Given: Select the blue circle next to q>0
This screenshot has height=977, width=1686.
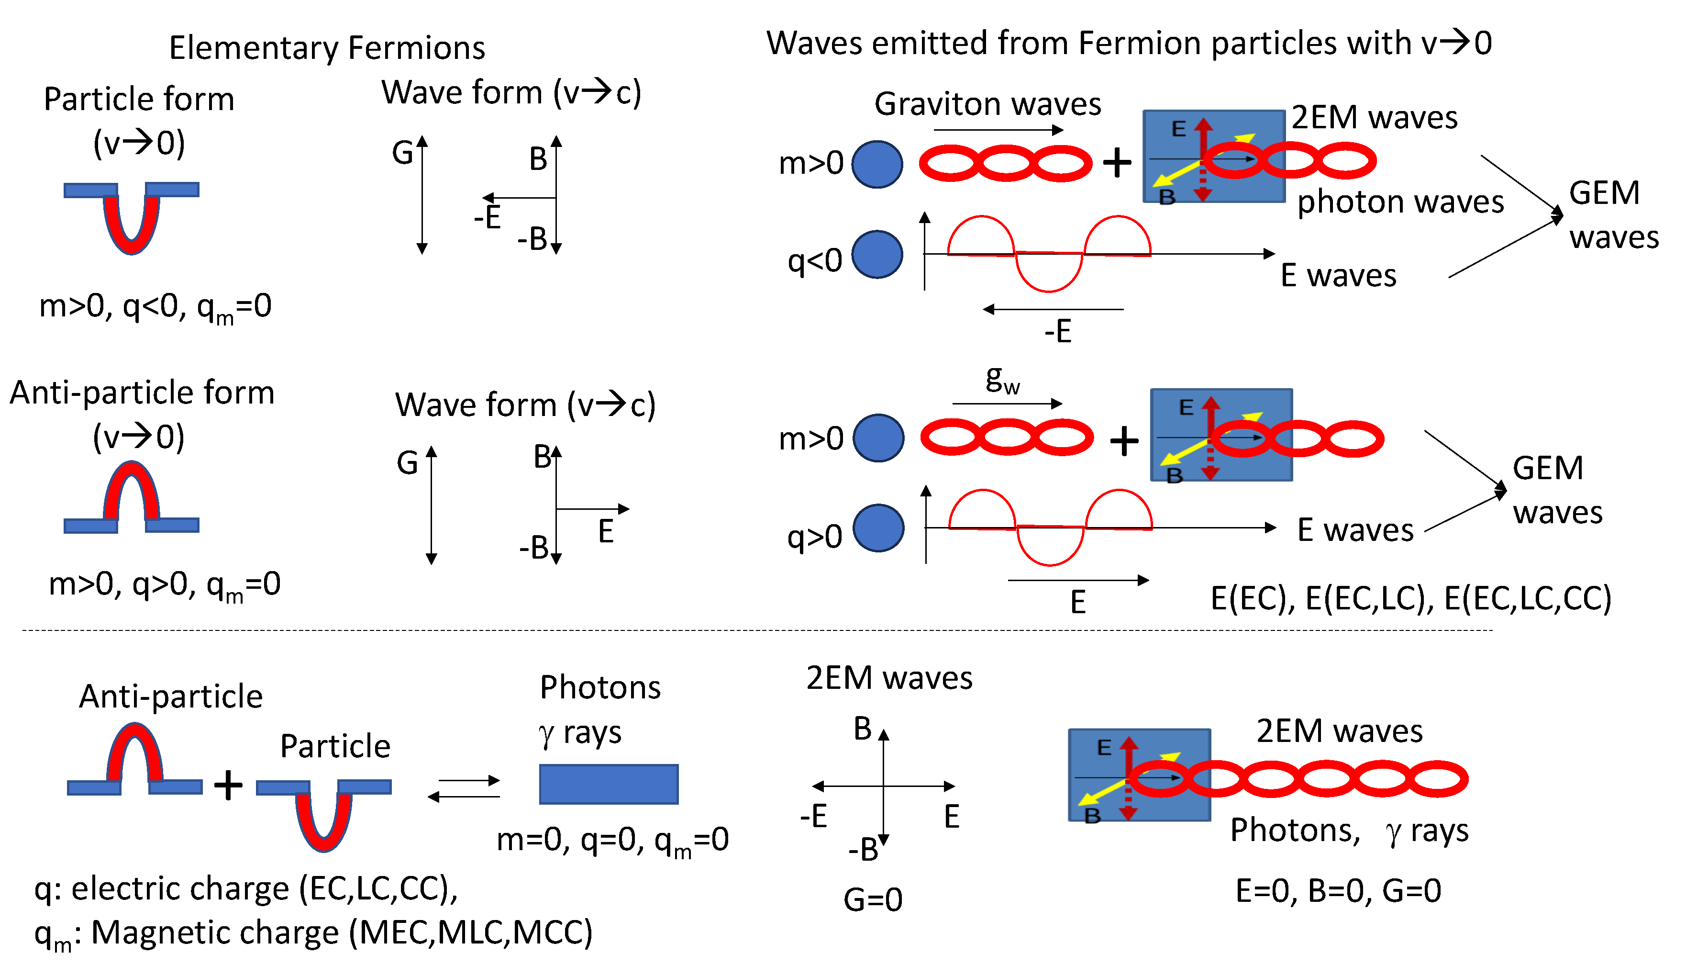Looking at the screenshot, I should point(878,528).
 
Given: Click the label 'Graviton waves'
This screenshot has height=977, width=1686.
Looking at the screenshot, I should point(987,104).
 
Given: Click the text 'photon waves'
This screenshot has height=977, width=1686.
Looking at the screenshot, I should point(1400,202).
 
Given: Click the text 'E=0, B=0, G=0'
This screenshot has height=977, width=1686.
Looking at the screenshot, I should point(1338,891).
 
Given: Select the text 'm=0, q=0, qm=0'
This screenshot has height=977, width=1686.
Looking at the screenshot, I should point(612,840).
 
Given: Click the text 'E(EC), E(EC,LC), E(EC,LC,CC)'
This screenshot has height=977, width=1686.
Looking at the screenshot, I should point(1410,598).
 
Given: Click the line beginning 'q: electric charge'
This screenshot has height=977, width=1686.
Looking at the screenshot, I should point(245,888).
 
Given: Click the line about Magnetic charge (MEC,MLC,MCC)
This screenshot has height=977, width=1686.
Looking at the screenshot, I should point(313,933).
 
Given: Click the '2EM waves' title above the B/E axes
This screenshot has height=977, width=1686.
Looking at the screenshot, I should point(888,679).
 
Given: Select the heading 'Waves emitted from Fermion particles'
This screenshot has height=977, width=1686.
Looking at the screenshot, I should point(1129,44).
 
